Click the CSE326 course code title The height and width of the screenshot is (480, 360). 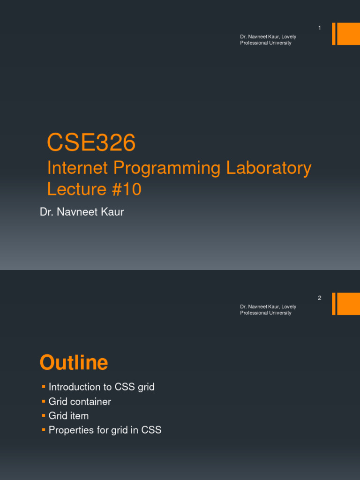pos(91,143)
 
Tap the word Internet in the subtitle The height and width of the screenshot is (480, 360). pos(77,168)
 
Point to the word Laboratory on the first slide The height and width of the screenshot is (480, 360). pos(269,168)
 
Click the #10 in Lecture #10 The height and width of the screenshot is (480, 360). pos(126,189)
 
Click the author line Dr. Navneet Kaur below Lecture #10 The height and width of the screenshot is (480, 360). pos(82,212)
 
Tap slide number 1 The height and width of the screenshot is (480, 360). pos(320,28)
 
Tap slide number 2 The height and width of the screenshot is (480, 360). pos(320,298)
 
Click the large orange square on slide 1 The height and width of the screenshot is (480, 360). pos(348,34)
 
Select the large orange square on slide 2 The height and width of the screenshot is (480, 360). pos(348,304)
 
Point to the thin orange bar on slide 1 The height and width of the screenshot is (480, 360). pos(334,34)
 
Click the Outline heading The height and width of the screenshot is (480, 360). pos(74,363)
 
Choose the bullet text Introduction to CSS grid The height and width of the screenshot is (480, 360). pos(102,387)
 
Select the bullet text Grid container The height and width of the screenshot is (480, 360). pos(80,402)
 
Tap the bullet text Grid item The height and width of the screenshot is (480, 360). pos(68,416)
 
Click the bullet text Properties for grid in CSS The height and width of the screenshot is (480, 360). pos(105,430)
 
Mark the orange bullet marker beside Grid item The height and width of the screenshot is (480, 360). pos(43,415)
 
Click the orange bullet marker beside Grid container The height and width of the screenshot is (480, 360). pos(43,401)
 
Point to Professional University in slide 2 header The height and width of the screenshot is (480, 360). pos(266,313)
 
